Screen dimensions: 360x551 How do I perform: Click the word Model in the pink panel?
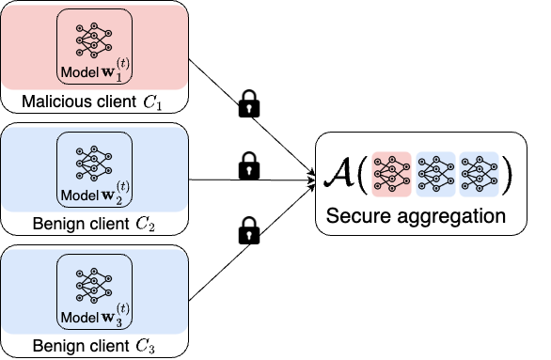click(77, 73)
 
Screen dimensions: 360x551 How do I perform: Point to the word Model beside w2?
click(77, 195)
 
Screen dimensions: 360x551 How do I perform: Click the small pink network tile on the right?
click(391, 174)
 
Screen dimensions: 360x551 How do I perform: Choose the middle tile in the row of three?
click(435, 174)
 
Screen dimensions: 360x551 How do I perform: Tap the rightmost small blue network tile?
click(479, 174)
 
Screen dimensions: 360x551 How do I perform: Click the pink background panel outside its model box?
click(28, 47)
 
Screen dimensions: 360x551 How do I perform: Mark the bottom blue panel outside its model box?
click(28, 291)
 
